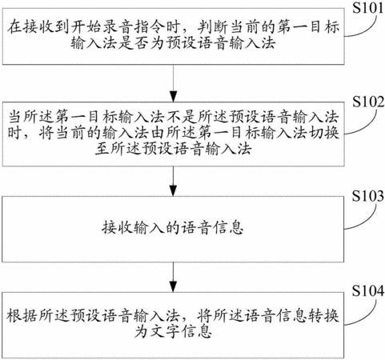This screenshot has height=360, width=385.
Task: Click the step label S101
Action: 368,7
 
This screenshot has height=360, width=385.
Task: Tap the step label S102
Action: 368,102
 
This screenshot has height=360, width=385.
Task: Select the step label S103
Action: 368,196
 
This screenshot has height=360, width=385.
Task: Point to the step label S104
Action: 368,290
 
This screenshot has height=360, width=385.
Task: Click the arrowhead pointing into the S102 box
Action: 174,97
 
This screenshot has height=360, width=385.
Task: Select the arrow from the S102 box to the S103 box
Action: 174,182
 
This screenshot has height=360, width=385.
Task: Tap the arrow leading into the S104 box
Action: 174,278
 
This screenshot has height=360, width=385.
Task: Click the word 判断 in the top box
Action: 213,27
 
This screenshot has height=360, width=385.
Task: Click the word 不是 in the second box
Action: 182,118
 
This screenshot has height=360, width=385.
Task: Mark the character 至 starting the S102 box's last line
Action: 102,149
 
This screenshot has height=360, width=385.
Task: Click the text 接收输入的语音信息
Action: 173,229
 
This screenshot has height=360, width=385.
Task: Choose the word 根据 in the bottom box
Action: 22,315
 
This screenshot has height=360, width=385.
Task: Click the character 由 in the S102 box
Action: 158,133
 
